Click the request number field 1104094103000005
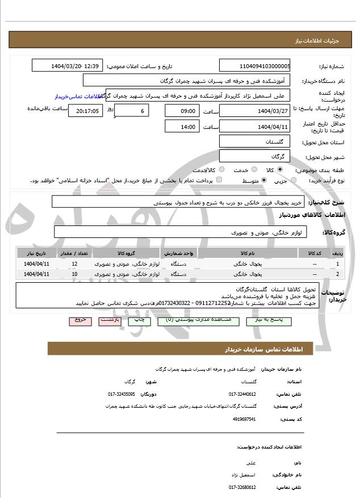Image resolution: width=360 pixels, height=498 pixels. tap(255, 66)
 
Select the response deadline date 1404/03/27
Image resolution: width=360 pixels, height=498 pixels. tap(255, 110)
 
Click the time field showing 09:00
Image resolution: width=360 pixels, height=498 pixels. tap(182, 110)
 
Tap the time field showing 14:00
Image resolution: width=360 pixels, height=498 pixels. tap(182, 127)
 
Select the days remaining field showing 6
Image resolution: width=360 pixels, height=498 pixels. tap(132, 110)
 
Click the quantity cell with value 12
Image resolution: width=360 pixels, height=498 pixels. tap(75, 264)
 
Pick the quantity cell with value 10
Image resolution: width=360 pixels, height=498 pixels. tap(75, 274)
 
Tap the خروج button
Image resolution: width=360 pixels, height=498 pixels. tap(80, 320)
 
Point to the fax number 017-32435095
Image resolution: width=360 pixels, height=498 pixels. tap(122, 394)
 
